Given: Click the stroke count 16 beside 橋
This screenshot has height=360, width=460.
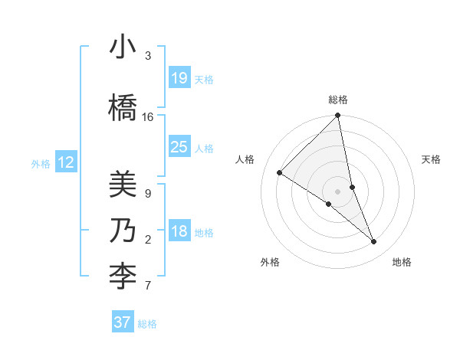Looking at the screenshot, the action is click(x=148, y=117).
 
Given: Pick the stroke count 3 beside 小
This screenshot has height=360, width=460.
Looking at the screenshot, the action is click(x=148, y=56).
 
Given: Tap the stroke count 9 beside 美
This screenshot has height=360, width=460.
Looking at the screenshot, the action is click(x=148, y=193).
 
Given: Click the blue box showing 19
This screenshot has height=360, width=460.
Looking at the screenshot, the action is click(x=179, y=78).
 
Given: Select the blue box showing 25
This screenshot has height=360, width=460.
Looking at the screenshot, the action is click(x=179, y=147).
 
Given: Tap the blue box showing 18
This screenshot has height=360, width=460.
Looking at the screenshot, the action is click(x=179, y=231).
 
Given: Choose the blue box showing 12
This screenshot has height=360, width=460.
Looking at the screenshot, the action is click(x=66, y=162).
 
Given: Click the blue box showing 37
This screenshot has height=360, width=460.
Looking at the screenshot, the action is click(x=122, y=322).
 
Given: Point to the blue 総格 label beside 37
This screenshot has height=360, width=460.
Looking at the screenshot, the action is click(x=148, y=324).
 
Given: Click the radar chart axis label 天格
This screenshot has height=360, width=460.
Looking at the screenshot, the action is click(x=432, y=159).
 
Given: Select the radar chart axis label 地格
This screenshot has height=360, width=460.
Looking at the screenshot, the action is click(x=402, y=262).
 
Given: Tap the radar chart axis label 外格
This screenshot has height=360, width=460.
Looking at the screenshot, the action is click(x=270, y=262).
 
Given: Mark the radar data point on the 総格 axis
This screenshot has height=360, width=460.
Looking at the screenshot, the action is click(x=337, y=116).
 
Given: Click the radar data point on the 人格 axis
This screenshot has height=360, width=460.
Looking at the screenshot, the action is click(x=280, y=173).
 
